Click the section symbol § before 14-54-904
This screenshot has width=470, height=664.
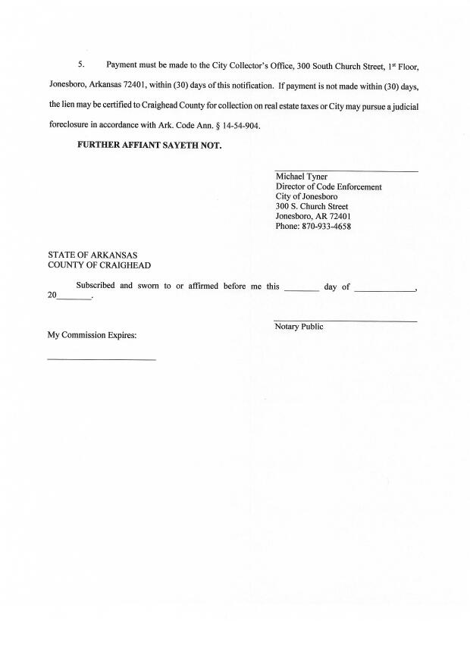(213, 125)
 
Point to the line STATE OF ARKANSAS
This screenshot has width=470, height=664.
(92, 255)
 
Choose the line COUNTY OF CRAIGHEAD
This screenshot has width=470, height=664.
(99, 265)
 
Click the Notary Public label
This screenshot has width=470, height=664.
(299, 327)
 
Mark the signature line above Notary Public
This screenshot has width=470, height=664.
(346, 321)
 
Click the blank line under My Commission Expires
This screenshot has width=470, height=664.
(102, 359)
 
